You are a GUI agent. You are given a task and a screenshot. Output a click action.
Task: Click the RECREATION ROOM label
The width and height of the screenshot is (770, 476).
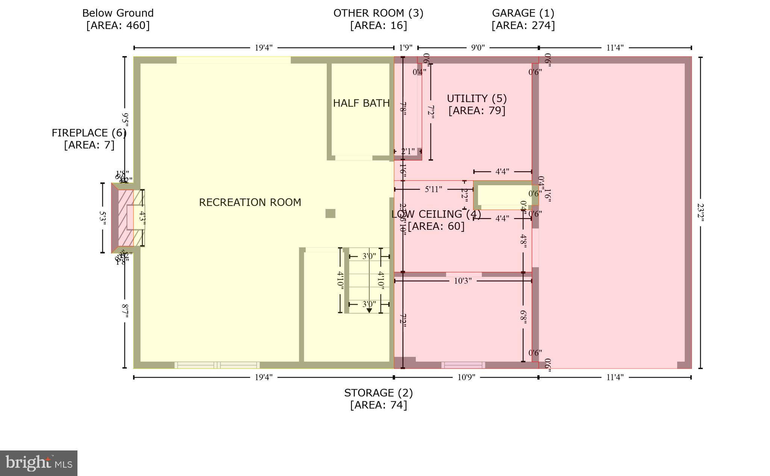pyautogui.click(x=250, y=202)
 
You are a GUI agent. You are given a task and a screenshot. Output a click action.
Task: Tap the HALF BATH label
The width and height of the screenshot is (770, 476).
pyautogui.click(x=361, y=103)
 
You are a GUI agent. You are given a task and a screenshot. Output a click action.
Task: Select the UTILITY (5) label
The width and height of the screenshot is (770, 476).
pyautogui.click(x=477, y=98)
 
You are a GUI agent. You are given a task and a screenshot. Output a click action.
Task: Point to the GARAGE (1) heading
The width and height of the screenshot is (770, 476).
pyautogui.click(x=523, y=13)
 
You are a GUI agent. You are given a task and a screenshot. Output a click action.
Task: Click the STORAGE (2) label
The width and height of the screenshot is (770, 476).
pyautogui.click(x=378, y=393)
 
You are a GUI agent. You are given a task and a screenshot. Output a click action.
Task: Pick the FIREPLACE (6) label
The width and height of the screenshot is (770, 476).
pyautogui.click(x=89, y=133)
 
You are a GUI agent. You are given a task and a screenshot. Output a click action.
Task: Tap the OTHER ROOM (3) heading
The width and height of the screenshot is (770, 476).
pyautogui.click(x=378, y=13)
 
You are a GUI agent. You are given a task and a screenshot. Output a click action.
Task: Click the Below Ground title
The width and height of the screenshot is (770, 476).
pyautogui.click(x=118, y=13)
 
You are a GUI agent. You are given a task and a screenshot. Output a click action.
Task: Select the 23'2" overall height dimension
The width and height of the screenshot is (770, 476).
pyautogui.click(x=700, y=213)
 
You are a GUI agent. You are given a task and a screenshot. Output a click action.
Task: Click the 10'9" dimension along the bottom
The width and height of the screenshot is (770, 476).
pyautogui.click(x=466, y=377)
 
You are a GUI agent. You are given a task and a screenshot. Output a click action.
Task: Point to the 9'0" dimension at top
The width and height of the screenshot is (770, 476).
pyautogui.click(x=478, y=48)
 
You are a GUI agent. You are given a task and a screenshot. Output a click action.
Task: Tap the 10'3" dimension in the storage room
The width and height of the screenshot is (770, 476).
pyautogui.click(x=462, y=281)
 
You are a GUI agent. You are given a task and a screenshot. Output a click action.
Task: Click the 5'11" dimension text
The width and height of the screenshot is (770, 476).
pyautogui.click(x=433, y=189)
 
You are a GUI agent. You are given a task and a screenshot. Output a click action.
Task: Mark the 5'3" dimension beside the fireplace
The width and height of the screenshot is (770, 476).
pyautogui.click(x=103, y=218)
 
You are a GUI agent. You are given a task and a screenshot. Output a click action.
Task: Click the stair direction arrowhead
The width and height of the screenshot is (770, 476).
pyautogui.click(x=369, y=310)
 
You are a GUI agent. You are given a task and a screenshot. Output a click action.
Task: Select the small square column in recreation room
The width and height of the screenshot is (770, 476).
pyautogui.click(x=330, y=213)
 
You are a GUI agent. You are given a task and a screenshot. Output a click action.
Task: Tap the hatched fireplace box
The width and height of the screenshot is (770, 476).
pyautogui.click(x=126, y=218)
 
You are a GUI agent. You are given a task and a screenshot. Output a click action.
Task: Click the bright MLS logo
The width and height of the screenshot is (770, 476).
pyautogui.click(x=38, y=463)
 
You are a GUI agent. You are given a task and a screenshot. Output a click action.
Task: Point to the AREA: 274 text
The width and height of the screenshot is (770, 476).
pyautogui.click(x=523, y=26)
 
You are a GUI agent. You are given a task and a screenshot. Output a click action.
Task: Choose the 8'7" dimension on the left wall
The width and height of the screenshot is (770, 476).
pyautogui.click(x=125, y=311)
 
